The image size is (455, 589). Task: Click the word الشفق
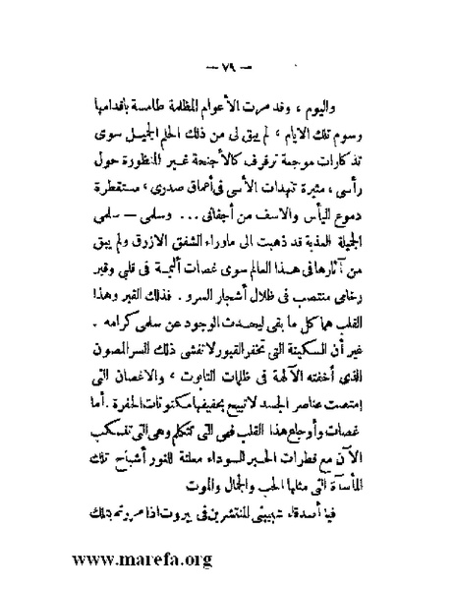click(161, 226)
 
